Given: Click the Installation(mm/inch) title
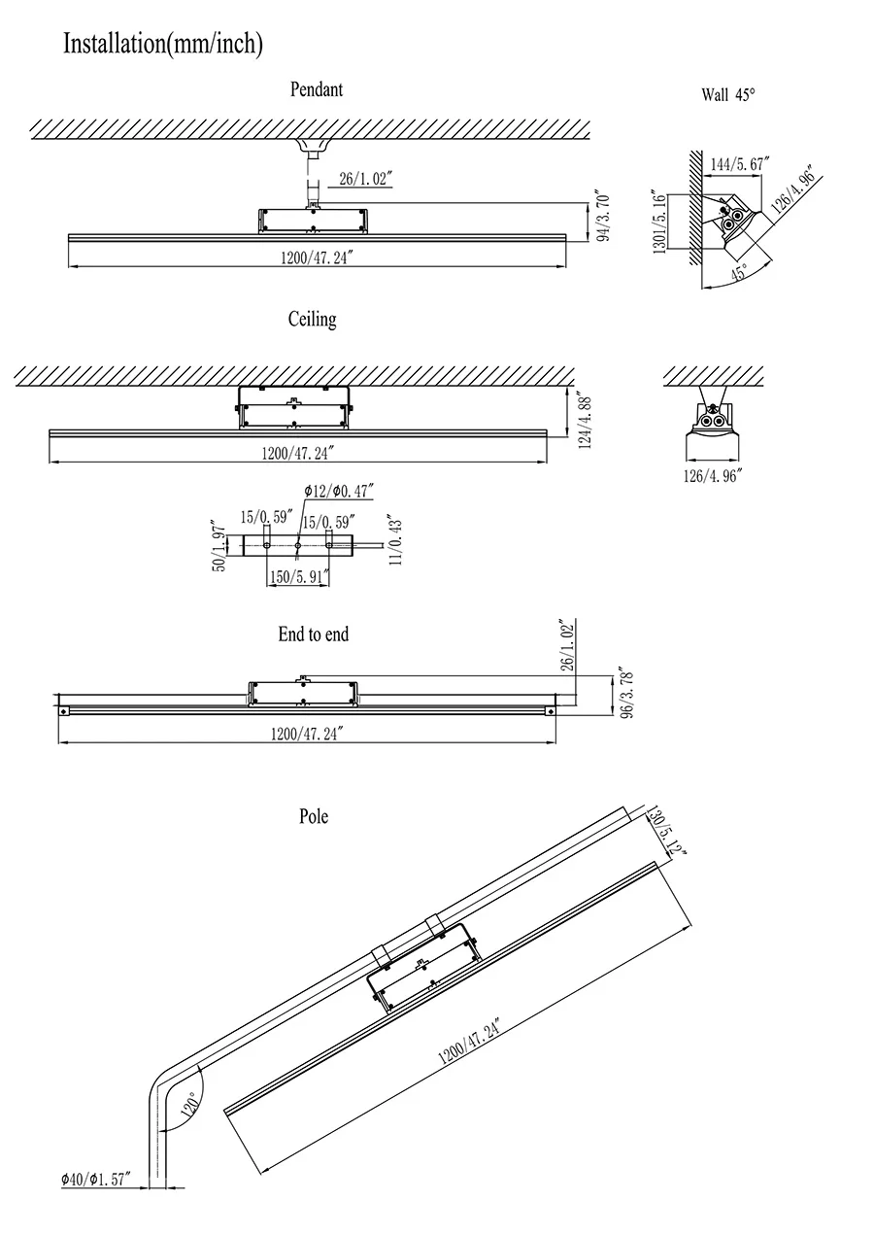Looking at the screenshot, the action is [162, 44].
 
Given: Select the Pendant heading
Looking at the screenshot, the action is [317, 89].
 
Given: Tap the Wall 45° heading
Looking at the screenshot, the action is [727, 95].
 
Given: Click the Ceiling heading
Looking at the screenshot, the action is [312, 320].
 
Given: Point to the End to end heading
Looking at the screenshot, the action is [313, 635].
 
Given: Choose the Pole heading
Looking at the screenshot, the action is [314, 816].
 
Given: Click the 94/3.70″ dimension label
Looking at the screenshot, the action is [603, 218].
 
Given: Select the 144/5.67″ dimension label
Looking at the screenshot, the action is [740, 164].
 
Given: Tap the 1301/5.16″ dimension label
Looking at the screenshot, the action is [659, 221].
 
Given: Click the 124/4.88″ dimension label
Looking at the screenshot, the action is [586, 420].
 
